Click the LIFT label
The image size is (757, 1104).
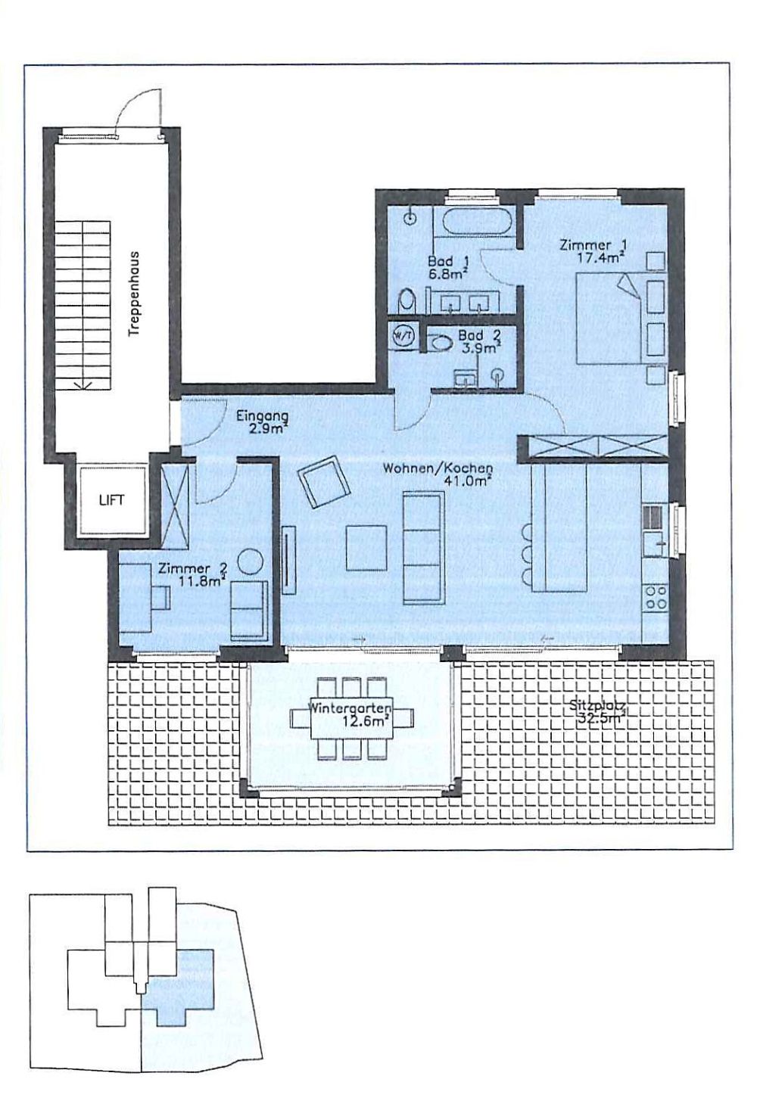click(x=111, y=500)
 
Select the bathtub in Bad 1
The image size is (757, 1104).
click(x=476, y=223)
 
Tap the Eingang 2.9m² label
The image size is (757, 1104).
click(x=261, y=422)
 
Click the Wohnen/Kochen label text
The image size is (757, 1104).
click(x=438, y=468)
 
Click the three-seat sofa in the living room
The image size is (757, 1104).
click(x=422, y=547)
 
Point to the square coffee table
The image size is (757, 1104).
click(x=366, y=548)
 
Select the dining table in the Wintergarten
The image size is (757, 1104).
click(x=351, y=716)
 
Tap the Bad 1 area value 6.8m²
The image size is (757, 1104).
click(x=447, y=273)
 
